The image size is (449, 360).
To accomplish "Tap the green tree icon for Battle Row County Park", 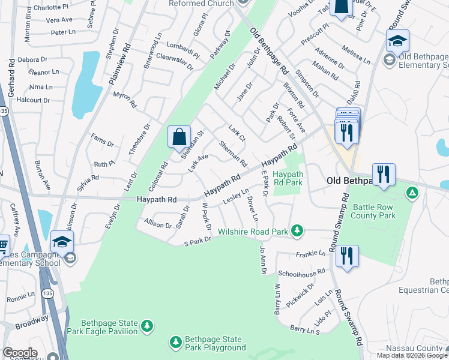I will (x=412, y=193).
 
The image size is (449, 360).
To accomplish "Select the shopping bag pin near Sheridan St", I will (x=179, y=137).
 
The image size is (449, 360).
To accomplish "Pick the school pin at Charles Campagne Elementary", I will (x=62, y=242).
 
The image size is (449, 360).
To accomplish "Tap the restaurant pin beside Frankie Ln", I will (x=347, y=255).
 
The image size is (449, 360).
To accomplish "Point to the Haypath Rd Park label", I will (x=288, y=178).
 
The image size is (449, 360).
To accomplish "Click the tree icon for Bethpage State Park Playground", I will (x=176, y=342).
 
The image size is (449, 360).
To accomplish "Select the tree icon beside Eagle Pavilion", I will (x=147, y=326).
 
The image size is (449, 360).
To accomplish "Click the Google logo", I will (x=20, y=353).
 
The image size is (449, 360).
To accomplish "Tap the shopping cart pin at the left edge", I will (x=3, y=245).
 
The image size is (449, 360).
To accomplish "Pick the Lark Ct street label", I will (x=237, y=133).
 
